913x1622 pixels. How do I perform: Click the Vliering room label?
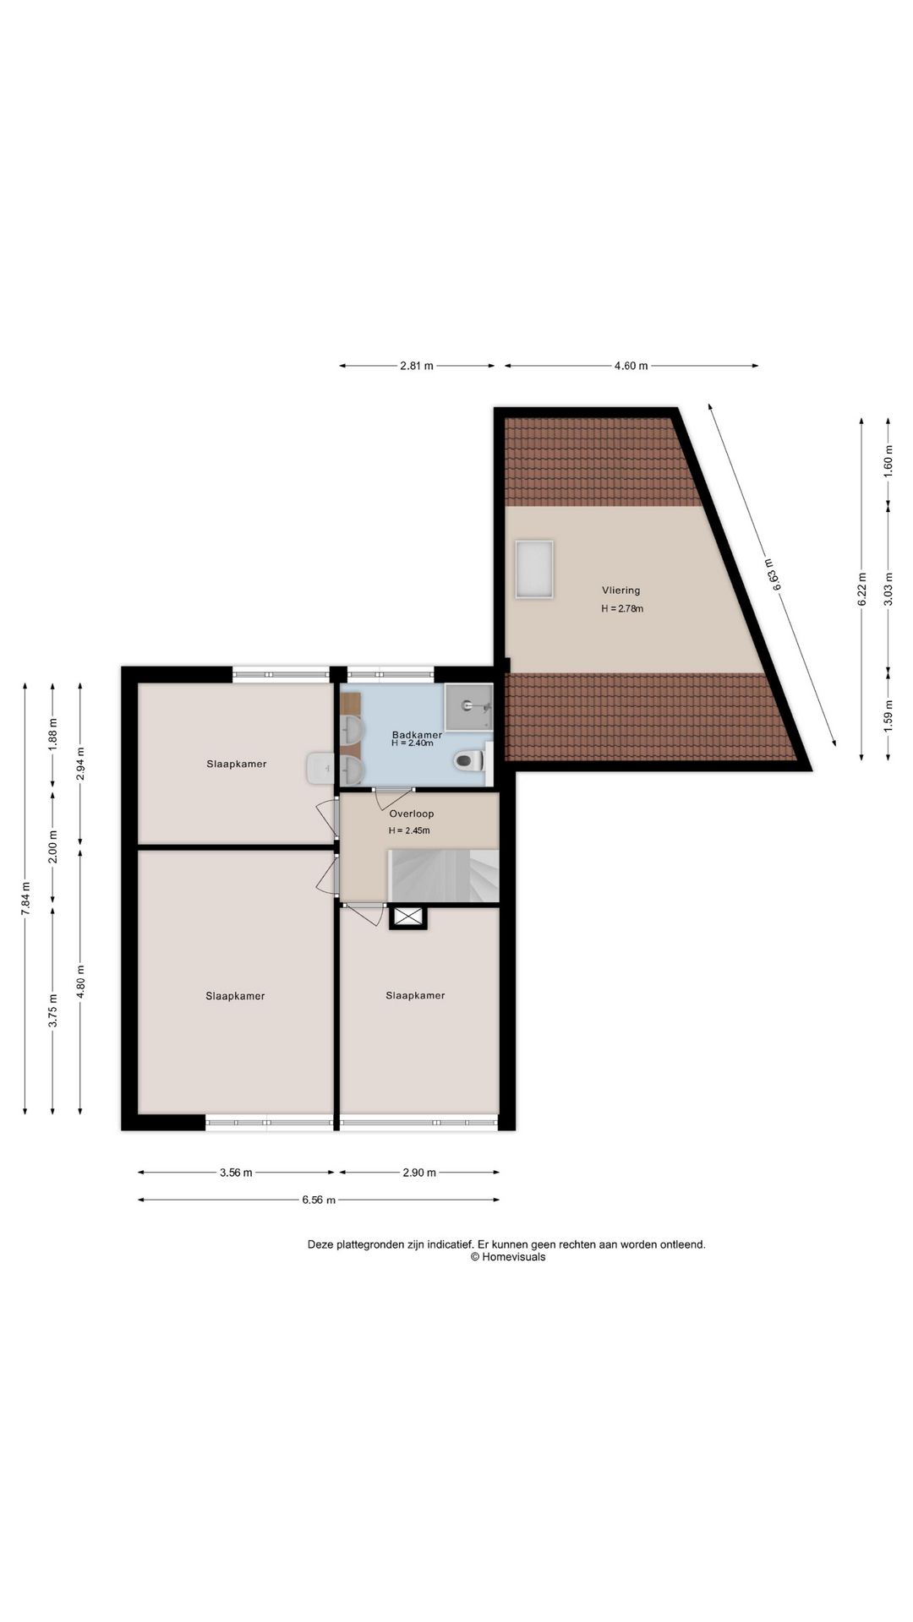(x=621, y=591)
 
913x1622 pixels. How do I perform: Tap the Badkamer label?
(x=417, y=735)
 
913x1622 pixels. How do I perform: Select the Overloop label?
(x=412, y=814)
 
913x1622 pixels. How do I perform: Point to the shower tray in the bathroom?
(x=468, y=705)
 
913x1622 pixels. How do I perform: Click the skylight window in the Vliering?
(x=534, y=569)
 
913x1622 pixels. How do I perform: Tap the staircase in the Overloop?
(x=443, y=876)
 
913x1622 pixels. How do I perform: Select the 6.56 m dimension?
(x=319, y=1200)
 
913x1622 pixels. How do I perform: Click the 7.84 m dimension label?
(x=25, y=898)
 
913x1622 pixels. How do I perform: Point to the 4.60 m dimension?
(x=631, y=366)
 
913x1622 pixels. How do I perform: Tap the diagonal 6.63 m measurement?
(x=771, y=574)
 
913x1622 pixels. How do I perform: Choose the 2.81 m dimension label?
(x=417, y=366)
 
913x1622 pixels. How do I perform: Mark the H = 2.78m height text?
(x=622, y=608)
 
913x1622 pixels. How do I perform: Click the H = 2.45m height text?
(x=409, y=830)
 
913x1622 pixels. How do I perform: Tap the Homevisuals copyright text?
(x=508, y=1256)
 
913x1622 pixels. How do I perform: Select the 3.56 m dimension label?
(x=236, y=1173)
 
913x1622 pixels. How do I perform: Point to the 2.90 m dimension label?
(x=419, y=1173)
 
